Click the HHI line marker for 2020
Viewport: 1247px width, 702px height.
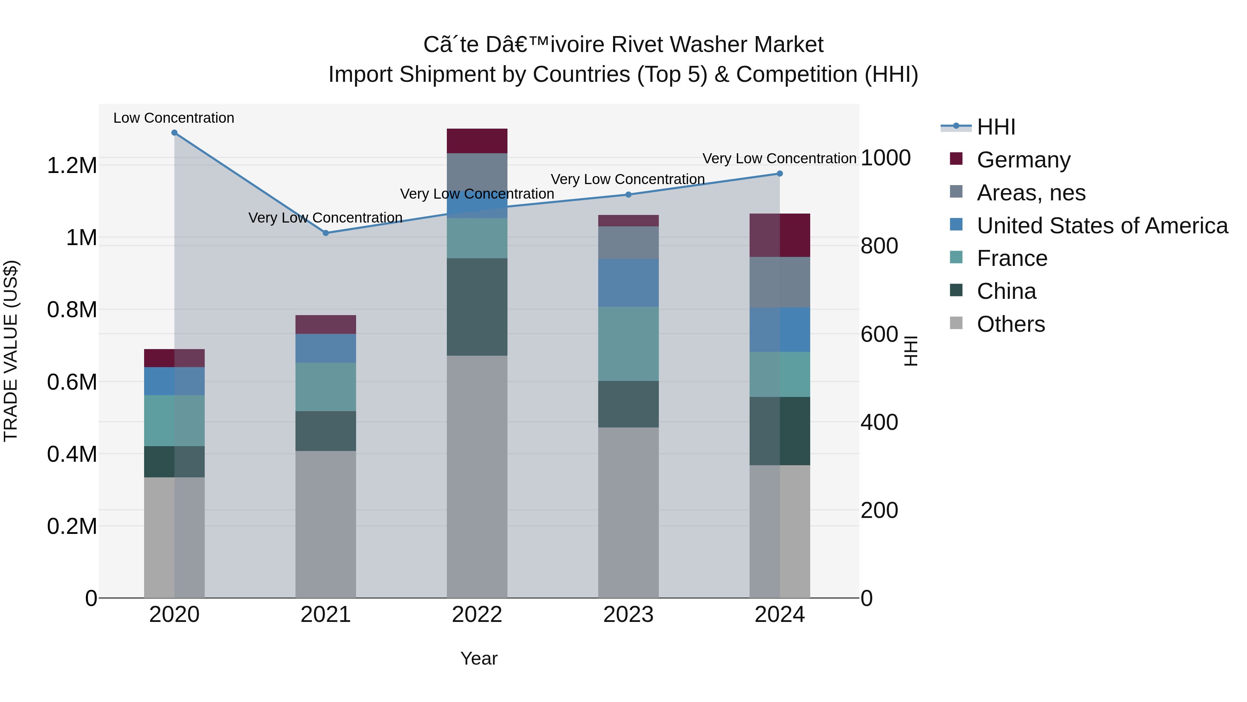(174, 133)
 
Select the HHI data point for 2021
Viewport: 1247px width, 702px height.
(326, 233)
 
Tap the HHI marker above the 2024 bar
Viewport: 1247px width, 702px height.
(779, 173)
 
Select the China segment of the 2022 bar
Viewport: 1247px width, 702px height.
(477, 307)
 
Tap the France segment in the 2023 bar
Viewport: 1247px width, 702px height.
(628, 344)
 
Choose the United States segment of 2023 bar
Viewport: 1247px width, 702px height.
(628, 283)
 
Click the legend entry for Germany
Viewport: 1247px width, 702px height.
(1023, 160)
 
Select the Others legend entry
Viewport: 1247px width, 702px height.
(1010, 324)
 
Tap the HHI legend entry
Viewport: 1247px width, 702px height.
(996, 127)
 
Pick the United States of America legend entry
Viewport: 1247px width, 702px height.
(1102, 226)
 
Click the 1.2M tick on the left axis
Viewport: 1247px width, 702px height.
(72, 166)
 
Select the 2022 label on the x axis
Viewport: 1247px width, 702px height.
(477, 615)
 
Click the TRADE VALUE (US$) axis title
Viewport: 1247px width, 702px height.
(11, 351)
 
